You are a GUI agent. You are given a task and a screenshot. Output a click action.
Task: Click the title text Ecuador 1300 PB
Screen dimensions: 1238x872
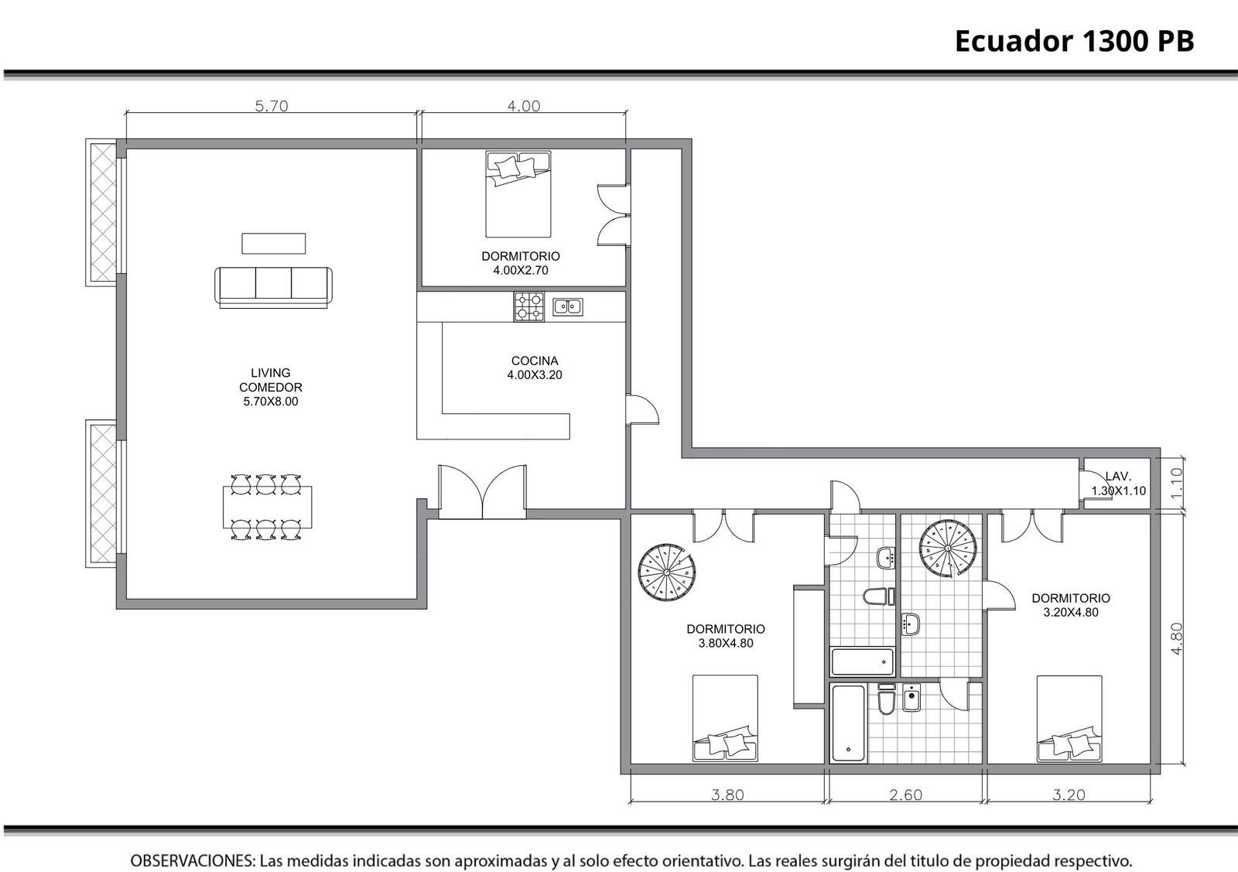(x=1075, y=41)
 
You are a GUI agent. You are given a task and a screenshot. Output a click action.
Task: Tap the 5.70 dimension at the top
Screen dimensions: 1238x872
(x=272, y=105)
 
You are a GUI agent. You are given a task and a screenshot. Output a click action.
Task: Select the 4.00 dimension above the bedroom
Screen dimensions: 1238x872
(x=523, y=105)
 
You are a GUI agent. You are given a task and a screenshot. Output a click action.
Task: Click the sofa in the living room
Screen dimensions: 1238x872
(x=274, y=287)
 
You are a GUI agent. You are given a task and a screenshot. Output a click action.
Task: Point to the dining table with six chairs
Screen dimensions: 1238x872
(x=268, y=507)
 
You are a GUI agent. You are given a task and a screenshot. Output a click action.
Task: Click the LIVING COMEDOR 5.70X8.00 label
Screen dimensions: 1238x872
(x=271, y=387)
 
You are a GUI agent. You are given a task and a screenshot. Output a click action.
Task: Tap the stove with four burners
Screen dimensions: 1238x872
(x=529, y=306)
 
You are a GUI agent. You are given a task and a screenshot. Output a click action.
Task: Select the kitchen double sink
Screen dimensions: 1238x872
(x=568, y=306)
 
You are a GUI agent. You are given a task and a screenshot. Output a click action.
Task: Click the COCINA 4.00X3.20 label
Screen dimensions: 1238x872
(x=535, y=368)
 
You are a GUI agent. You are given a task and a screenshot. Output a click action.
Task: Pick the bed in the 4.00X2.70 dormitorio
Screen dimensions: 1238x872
(x=518, y=194)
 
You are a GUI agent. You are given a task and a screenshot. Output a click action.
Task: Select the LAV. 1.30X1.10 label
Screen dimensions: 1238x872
(x=1118, y=484)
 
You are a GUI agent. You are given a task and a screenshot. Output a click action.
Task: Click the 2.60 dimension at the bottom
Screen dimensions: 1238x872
(x=906, y=795)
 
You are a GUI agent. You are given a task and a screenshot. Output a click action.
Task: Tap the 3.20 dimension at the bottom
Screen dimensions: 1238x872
(x=1069, y=795)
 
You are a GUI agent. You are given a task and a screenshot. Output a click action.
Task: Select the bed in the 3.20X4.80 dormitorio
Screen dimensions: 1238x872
(x=1069, y=718)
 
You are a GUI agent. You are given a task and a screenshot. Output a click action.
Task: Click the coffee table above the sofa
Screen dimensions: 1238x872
(x=274, y=244)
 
